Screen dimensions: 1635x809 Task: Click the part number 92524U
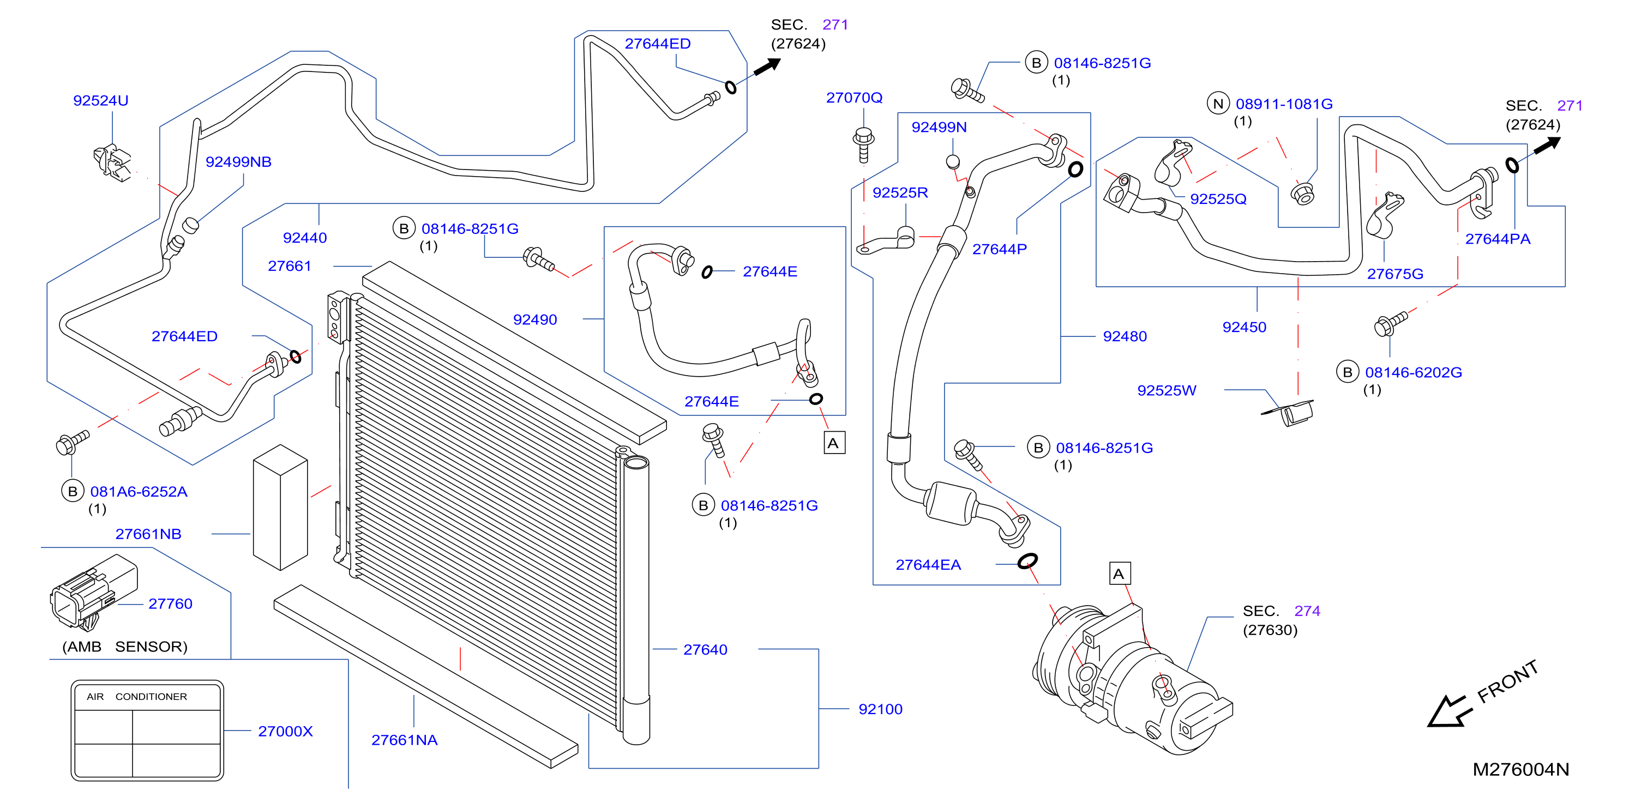coord(100,100)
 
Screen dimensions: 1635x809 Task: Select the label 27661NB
coord(148,534)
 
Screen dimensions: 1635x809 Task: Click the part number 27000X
coord(285,731)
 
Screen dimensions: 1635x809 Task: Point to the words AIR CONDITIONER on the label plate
coord(136,696)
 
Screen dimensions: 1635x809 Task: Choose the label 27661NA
coord(404,740)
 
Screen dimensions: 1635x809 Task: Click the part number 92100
coord(880,709)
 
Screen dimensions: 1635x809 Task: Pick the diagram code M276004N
coord(1521,769)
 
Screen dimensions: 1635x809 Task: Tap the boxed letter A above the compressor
coord(1119,573)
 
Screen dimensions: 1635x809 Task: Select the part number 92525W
coord(1167,390)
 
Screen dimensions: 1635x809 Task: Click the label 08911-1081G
coord(1284,104)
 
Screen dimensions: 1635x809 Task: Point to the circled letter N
coord(1218,104)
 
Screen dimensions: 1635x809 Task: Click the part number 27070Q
coord(855,97)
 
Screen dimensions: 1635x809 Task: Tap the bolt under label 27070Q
coord(863,144)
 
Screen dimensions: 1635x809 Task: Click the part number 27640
coord(705,649)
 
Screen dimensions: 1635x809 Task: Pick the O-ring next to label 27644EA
coord(1027,561)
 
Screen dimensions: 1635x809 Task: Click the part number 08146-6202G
coord(1414,372)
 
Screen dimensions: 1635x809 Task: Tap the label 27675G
coord(1395,274)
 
